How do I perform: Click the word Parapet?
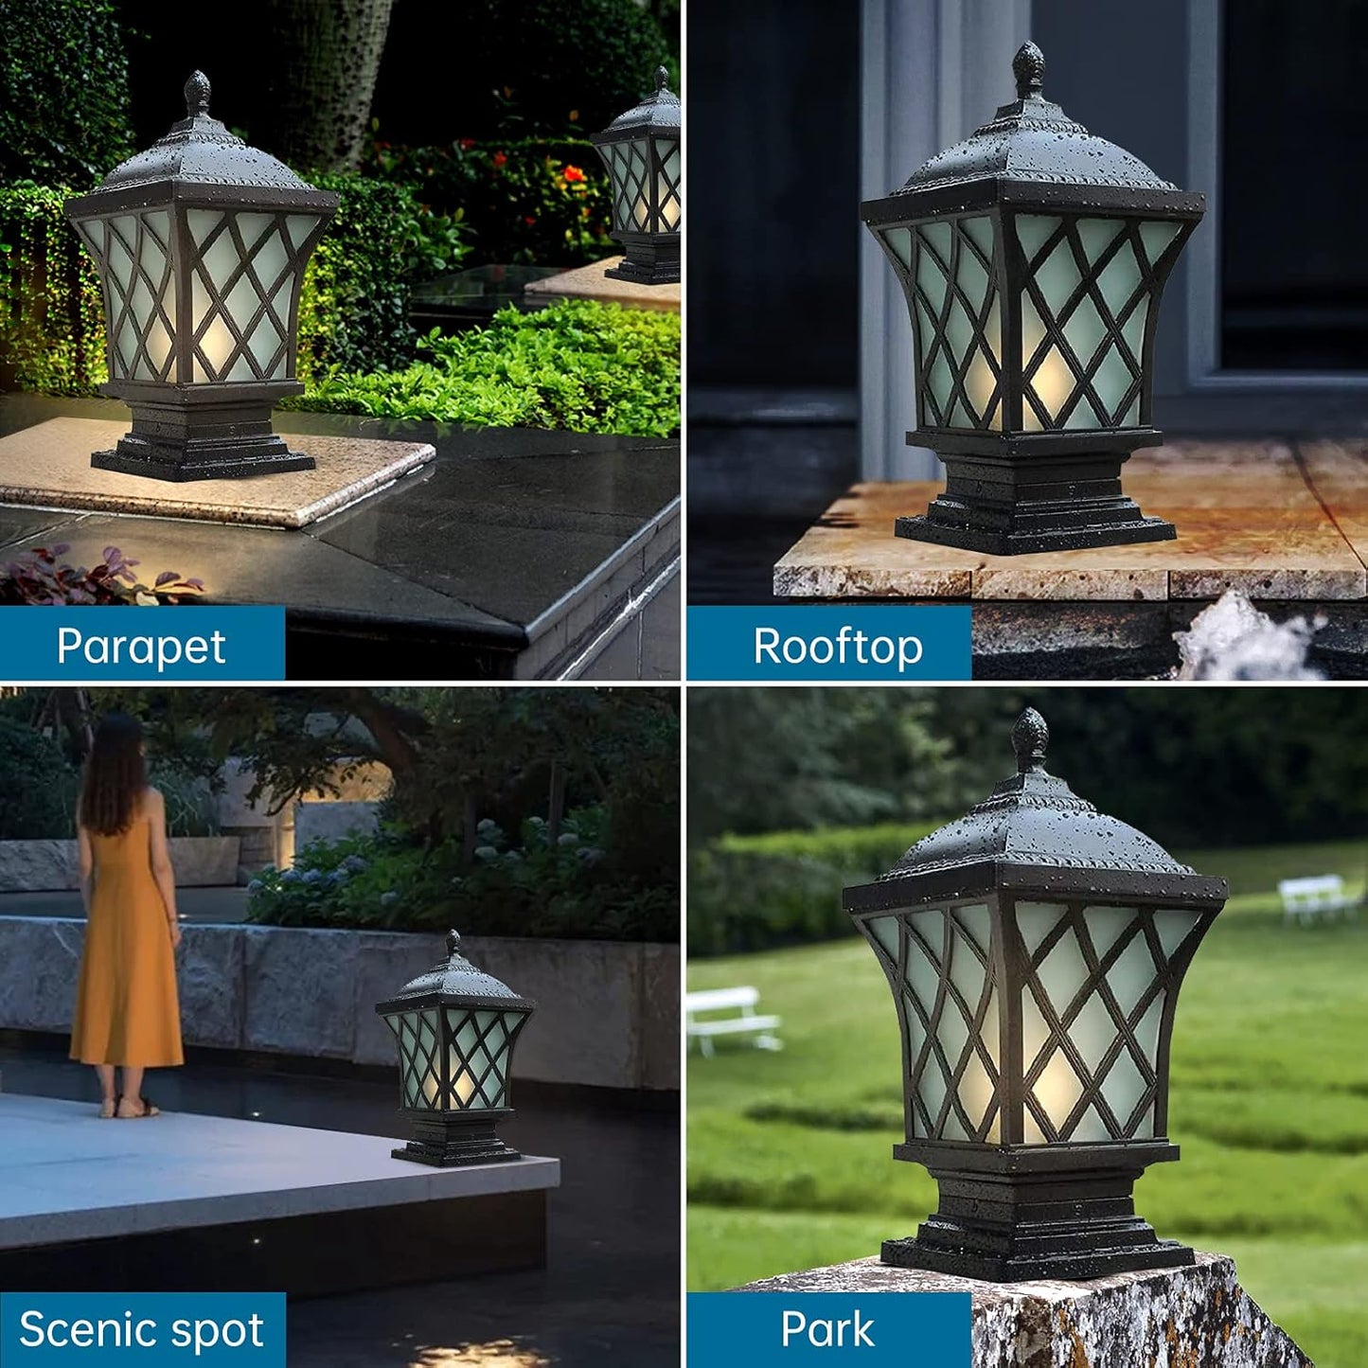click(x=141, y=647)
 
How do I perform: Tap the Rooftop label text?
click(x=837, y=647)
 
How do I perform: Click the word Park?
click(x=827, y=1329)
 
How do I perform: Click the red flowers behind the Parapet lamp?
click(x=574, y=174)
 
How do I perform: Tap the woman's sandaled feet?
click(x=133, y=1106)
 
